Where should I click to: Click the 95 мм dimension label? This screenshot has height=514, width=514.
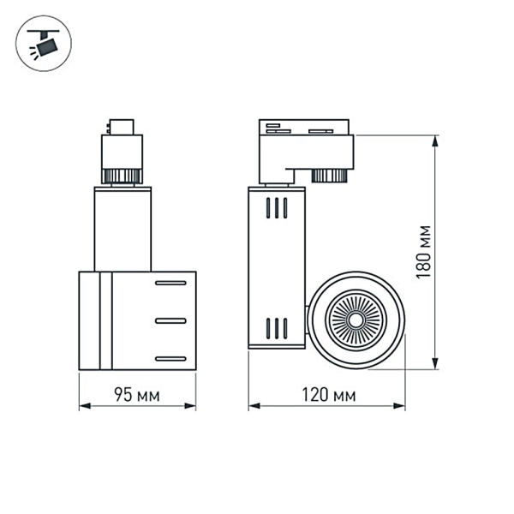click(137, 395)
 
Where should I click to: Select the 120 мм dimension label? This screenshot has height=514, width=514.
click(326, 395)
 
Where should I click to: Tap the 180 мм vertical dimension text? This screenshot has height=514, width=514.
click(421, 252)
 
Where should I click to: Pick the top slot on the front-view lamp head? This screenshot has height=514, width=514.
click(170, 283)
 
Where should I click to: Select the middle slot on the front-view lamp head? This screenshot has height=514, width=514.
click(170, 320)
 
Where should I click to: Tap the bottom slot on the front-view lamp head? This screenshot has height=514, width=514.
click(170, 357)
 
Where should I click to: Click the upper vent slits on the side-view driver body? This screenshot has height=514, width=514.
click(275, 209)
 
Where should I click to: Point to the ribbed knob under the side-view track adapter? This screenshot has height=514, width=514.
click(327, 176)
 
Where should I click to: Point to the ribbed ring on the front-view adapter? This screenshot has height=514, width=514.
click(121, 176)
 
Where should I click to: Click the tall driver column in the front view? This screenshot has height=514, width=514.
click(123, 230)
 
